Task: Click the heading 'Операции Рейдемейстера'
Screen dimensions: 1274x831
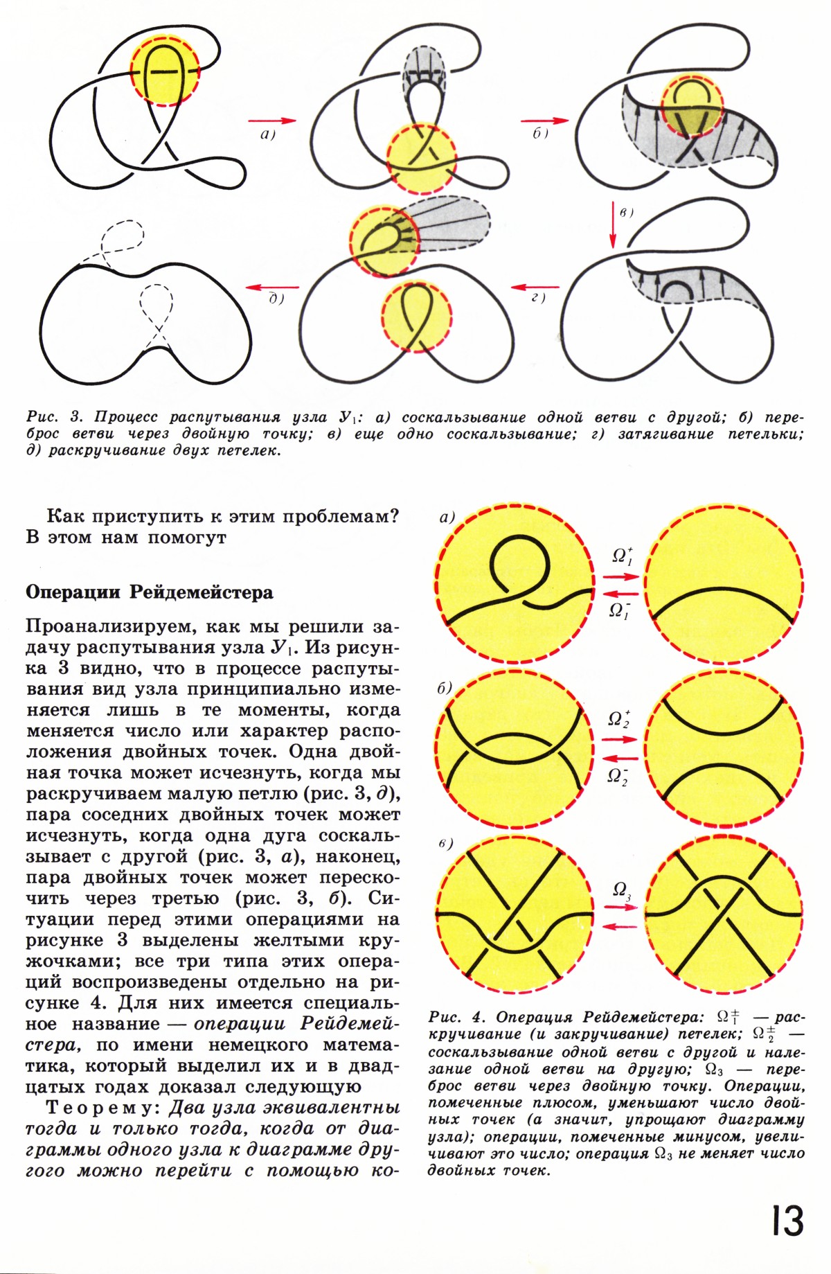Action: tap(150, 593)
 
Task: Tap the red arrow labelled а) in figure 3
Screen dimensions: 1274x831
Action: tap(271, 120)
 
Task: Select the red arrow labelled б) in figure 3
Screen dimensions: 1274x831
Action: tap(544, 120)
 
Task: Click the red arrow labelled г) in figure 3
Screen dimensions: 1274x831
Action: tap(535, 286)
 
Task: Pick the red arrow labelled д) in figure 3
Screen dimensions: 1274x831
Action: tap(273, 286)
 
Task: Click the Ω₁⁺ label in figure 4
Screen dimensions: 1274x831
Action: tap(620, 556)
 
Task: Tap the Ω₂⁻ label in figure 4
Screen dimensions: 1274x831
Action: tap(618, 776)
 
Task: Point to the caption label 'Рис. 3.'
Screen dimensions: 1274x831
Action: tap(55, 418)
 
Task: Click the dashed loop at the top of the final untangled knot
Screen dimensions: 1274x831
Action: tap(122, 239)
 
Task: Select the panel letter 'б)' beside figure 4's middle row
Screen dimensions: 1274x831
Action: tap(444, 689)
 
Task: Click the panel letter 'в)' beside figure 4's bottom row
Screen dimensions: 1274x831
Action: tap(445, 844)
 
